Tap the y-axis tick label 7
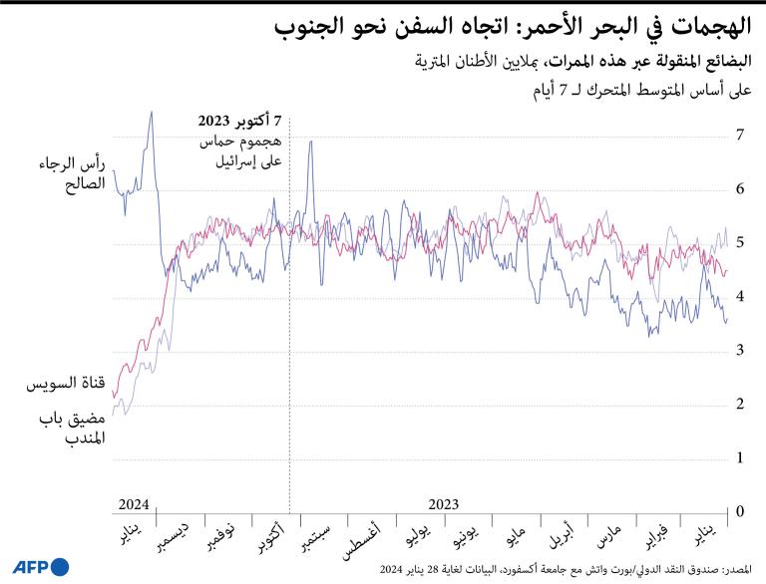point(740,135)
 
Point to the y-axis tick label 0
point(740,511)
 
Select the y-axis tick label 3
point(740,350)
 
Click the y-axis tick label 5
point(740,242)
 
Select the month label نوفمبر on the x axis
point(221,539)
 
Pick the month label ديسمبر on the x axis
point(175,539)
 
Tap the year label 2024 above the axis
point(133,503)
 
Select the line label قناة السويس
point(63,383)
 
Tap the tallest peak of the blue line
point(151,112)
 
